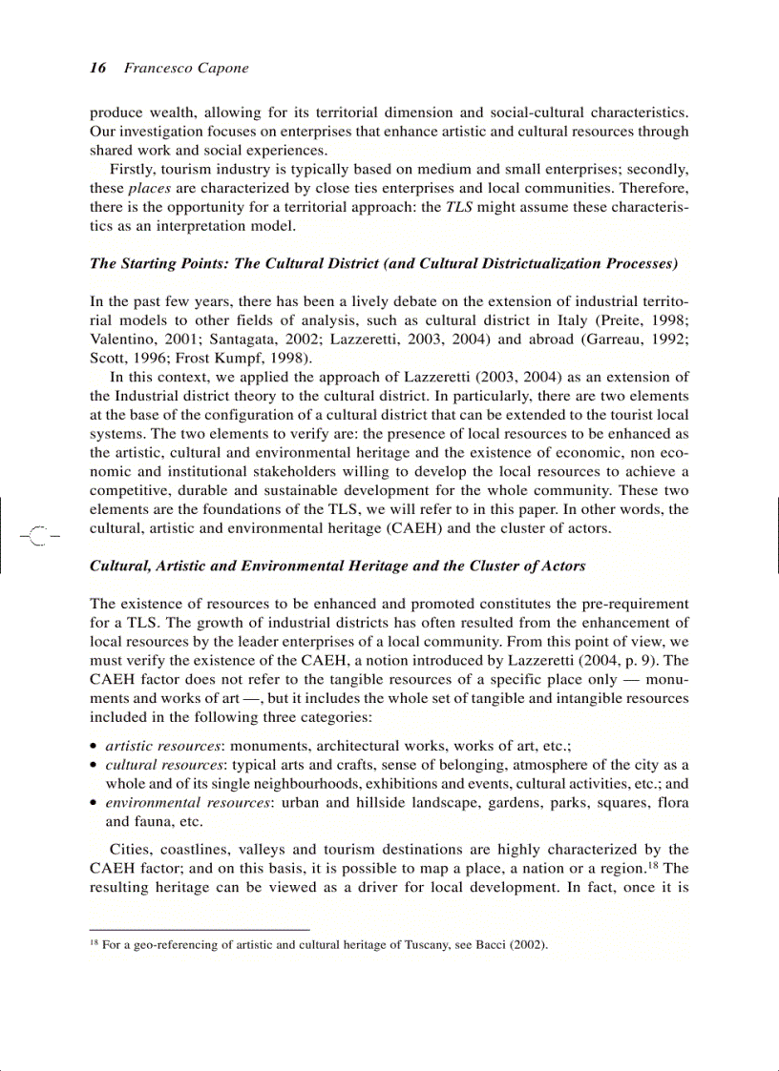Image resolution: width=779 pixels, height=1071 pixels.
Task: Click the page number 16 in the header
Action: pos(96,68)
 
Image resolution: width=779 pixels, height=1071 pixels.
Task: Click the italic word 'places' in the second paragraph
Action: pos(149,188)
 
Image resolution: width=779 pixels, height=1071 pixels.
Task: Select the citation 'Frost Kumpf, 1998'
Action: pos(247,358)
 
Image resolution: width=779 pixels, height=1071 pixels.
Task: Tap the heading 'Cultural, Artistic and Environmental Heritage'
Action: pos(337,566)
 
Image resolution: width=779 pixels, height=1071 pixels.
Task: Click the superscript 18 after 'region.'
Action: pos(653,865)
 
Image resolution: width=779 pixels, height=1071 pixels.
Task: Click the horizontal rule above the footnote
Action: pos(200,929)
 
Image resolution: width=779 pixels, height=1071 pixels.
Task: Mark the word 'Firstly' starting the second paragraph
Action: pos(133,169)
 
